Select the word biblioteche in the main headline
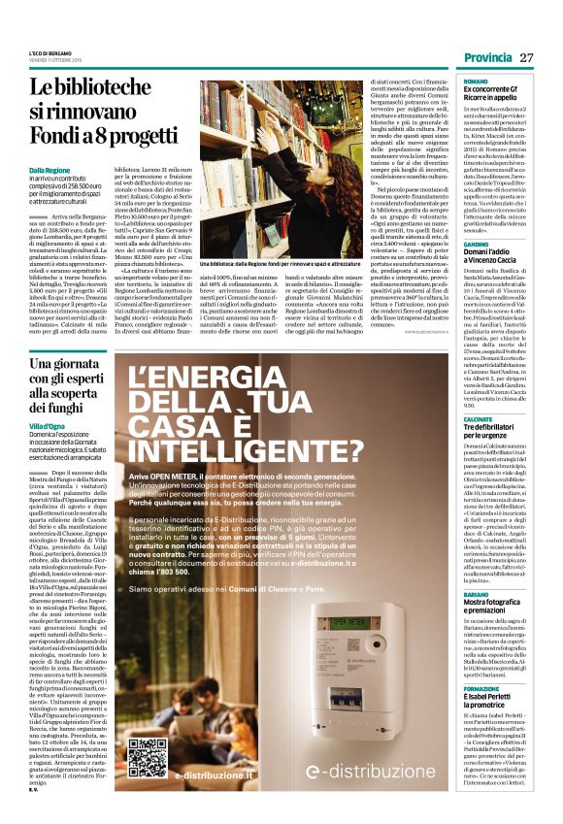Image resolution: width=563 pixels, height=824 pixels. pos(131,86)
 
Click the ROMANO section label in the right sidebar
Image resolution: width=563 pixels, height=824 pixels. pos(476,82)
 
